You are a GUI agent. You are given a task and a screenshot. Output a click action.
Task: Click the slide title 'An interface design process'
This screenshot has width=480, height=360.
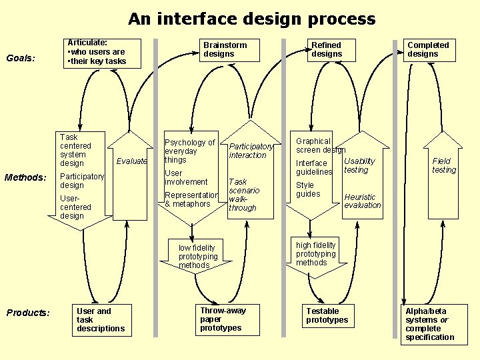(x=251, y=19)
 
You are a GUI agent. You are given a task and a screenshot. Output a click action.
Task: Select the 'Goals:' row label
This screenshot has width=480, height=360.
(x=20, y=58)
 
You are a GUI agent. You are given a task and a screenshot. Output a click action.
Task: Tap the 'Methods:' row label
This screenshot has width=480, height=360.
(x=25, y=177)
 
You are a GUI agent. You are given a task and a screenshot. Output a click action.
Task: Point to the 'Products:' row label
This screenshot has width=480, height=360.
(x=27, y=313)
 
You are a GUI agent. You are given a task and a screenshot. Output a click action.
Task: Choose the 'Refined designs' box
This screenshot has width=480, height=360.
(x=327, y=50)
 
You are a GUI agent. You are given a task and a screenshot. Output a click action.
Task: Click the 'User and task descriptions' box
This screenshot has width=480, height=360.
(x=100, y=320)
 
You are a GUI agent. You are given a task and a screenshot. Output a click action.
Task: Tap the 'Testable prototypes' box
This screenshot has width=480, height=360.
(x=327, y=316)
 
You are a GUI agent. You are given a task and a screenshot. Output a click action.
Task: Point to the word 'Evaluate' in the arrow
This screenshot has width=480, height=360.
(x=131, y=161)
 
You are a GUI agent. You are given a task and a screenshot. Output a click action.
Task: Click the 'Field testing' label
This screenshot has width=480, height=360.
(x=443, y=165)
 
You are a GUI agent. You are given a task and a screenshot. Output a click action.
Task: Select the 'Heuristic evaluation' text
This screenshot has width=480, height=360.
(x=362, y=201)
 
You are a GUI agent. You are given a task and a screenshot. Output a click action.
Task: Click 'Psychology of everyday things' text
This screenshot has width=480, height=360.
(x=189, y=151)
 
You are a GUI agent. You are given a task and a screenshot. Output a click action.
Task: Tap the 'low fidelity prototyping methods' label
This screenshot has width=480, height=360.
(x=198, y=257)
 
